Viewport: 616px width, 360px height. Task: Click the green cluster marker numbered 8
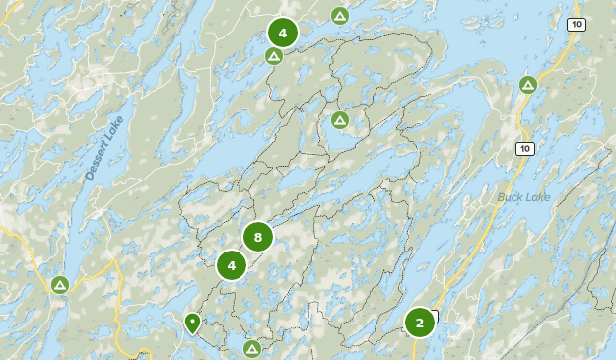pos(257,237)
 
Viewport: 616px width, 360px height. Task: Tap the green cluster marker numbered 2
pos(420,323)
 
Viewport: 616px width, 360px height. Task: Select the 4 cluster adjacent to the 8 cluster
pos(232,265)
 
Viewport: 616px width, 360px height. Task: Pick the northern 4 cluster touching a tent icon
pos(283,34)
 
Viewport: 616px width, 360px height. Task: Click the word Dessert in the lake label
pos(95,167)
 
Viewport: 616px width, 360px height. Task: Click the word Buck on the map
pos(510,197)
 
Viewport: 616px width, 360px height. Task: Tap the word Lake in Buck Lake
pos(538,197)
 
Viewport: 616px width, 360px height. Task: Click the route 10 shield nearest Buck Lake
pos(524,149)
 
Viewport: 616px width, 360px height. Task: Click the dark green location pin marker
pos(192,322)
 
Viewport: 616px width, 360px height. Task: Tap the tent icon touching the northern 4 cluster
pos(274,56)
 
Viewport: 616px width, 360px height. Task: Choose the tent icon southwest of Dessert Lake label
pos(60,285)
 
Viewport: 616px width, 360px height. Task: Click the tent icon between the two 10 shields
pos(528,85)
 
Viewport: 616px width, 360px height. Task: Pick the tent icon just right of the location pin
pos(252,348)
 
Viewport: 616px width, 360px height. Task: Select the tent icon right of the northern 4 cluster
pos(339,16)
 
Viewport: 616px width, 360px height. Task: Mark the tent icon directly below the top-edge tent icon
pos(339,120)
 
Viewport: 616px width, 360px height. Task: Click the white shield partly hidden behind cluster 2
pos(434,317)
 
